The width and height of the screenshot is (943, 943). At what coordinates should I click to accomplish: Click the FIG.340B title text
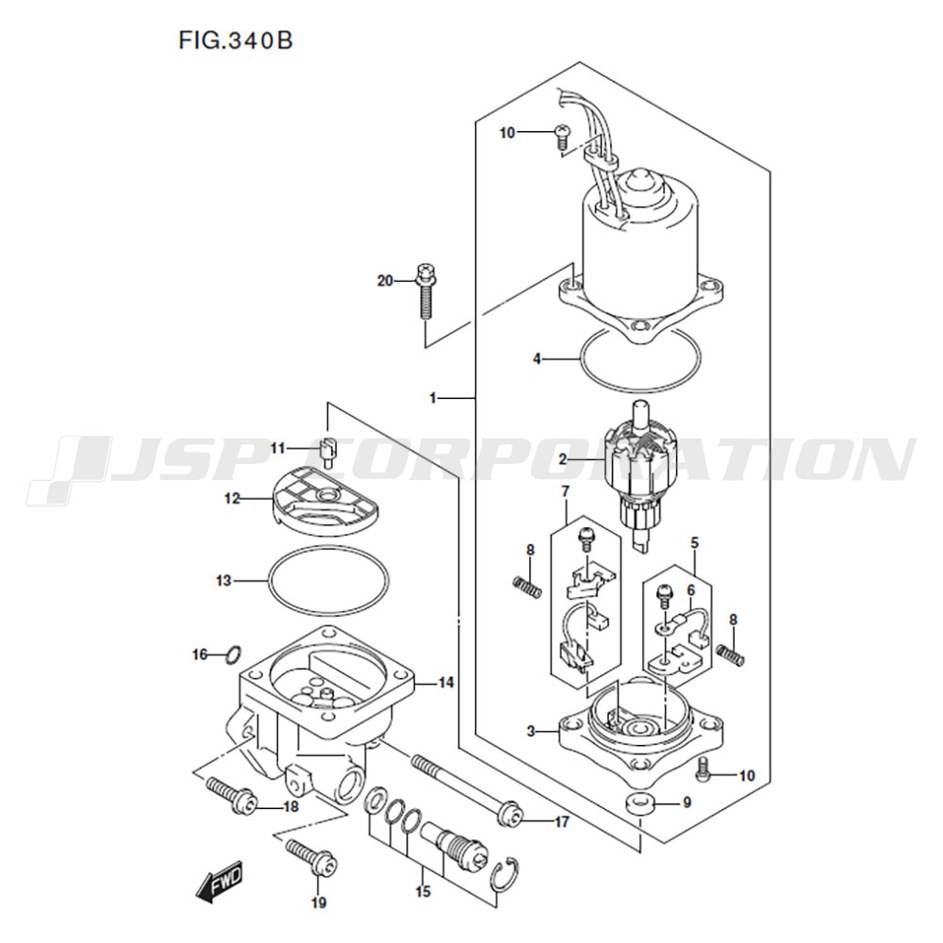tap(235, 41)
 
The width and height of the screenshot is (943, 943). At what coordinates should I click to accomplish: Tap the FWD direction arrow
tap(220, 882)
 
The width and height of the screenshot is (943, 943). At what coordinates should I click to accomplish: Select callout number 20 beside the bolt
tap(385, 280)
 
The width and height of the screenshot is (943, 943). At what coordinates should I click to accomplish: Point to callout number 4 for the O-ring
tap(537, 359)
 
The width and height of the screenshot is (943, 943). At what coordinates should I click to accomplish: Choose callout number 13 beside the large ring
tap(223, 581)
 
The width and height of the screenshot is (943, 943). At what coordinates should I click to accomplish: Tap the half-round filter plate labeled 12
tap(325, 503)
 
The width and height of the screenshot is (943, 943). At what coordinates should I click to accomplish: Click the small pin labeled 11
tap(328, 453)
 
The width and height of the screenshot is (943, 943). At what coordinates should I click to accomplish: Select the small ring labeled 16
tap(235, 654)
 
